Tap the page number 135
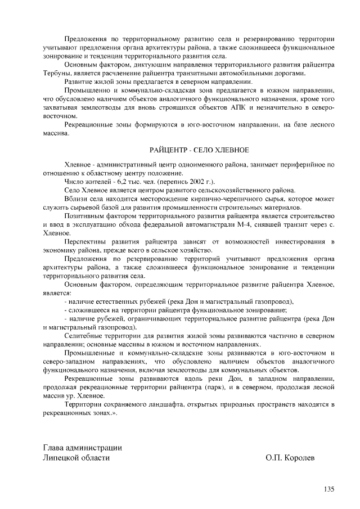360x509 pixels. click(328, 489)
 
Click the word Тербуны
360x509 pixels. click(56, 73)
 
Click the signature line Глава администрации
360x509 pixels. click(83, 448)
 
